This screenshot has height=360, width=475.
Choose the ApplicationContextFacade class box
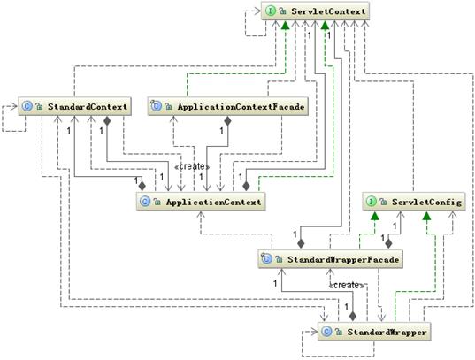tap(215, 107)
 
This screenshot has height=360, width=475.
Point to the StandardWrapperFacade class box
tap(331, 259)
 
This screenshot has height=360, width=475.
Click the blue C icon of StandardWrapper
tap(328, 332)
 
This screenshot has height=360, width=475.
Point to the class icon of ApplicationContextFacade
tap(157, 107)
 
